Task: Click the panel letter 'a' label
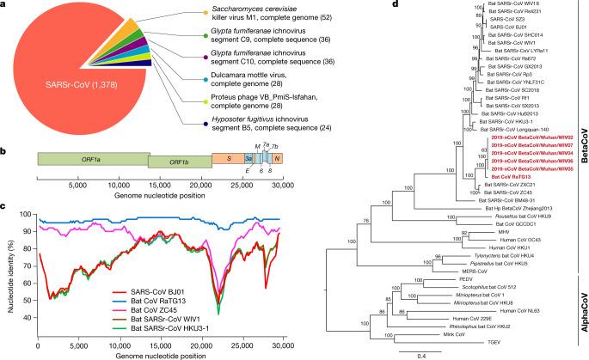click(x=4, y=5)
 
